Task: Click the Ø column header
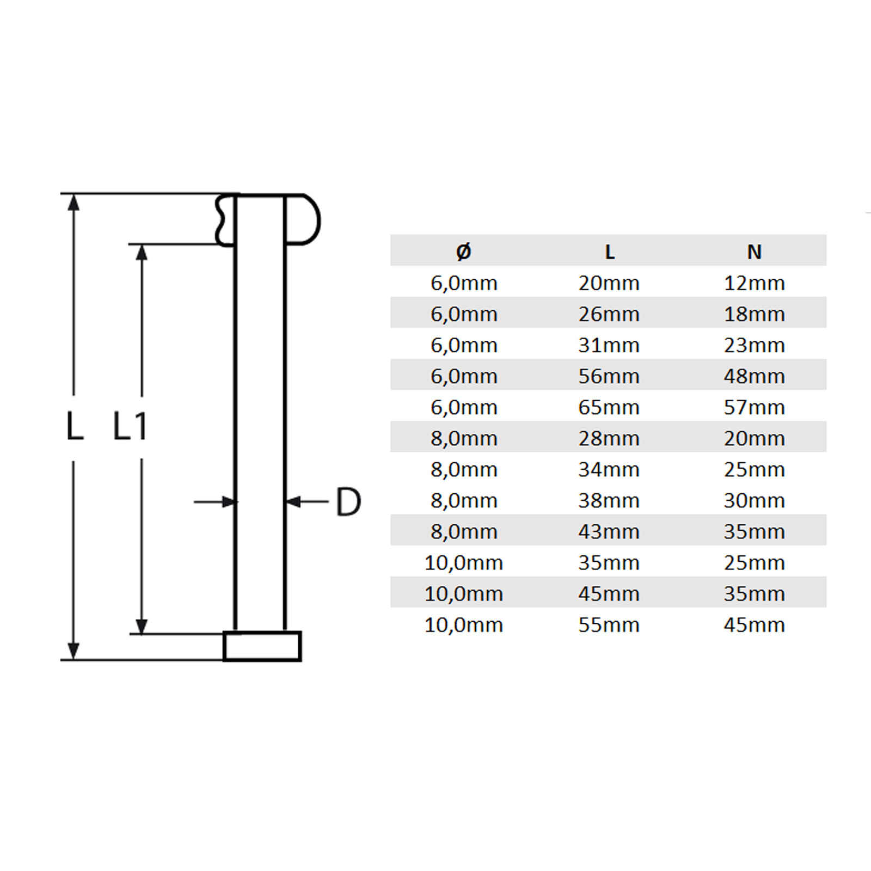click(x=464, y=252)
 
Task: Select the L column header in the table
click(x=610, y=252)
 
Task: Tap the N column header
click(x=754, y=252)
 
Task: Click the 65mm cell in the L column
click(x=609, y=407)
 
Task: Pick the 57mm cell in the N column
click(x=754, y=407)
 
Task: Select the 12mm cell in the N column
click(x=754, y=283)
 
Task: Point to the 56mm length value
click(x=609, y=376)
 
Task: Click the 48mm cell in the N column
click(x=754, y=376)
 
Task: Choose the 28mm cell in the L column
click(x=609, y=438)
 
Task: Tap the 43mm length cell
click(x=609, y=531)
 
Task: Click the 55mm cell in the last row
click(x=609, y=625)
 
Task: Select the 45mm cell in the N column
click(x=754, y=625)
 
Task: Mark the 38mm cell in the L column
click(x=609, y=500)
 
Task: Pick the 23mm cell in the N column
click(x=754, y=345)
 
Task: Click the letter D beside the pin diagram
click(x=348, y=501)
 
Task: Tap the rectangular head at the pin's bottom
click(x=262, y=646)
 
